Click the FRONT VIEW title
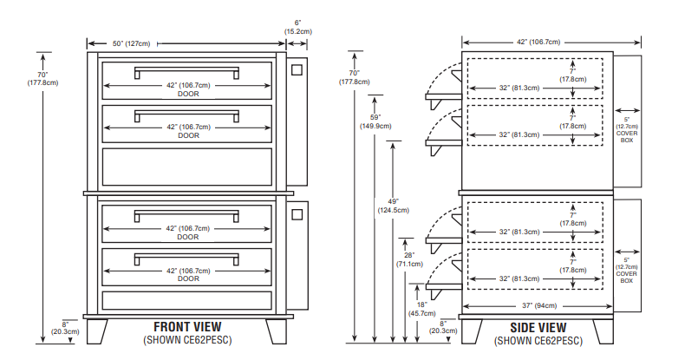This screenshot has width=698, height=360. [187, 327]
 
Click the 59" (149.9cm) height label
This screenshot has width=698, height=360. [375, 121]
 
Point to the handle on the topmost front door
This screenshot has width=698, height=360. [186, 72]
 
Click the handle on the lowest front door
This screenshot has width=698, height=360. [186, 258]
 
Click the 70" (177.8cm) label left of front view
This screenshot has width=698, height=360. [42, 79]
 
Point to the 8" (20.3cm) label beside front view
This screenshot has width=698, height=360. [65, 327]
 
